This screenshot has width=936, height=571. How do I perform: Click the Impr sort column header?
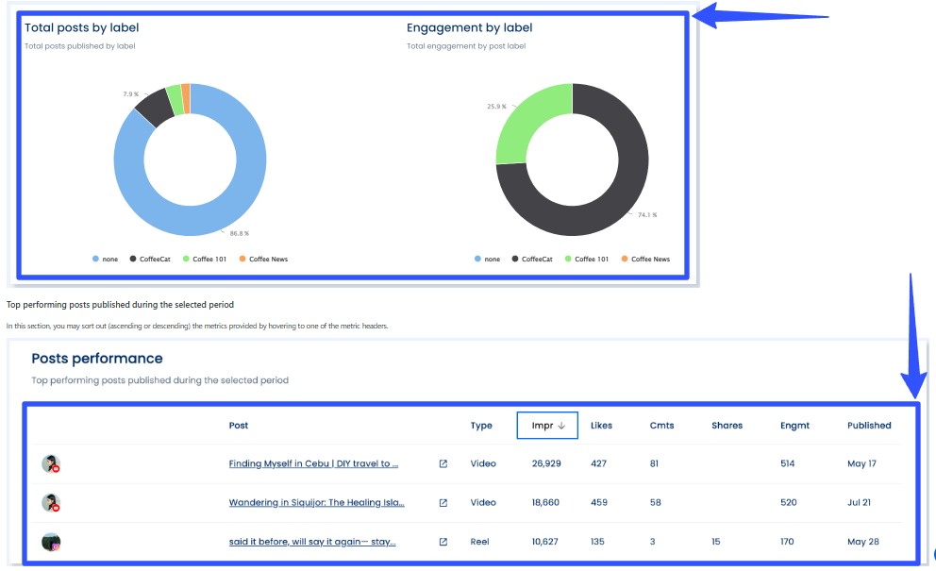point(548,426)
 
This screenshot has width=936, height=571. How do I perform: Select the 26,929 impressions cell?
point(546,464)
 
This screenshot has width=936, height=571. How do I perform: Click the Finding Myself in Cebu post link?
point(313,464)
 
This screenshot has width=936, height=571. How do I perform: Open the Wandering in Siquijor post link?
point(316,503)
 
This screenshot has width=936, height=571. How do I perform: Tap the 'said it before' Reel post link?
point(312,542)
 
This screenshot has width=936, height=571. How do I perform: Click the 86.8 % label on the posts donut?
point(240,233)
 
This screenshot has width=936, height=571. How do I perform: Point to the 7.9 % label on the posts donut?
point(131,94)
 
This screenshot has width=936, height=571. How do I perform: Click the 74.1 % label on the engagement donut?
point(647,215)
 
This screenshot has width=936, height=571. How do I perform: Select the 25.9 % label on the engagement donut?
point(496,107)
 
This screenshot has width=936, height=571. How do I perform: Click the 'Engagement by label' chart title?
point(469,27)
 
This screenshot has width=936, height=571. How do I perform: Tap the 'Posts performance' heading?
point(97,359)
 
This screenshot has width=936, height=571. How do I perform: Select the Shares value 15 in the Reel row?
point(717,542)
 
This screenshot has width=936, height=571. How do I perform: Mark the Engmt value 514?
point(789,464)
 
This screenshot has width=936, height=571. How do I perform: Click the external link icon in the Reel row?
point(443,542)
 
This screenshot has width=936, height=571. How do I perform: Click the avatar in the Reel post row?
point(51,542)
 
